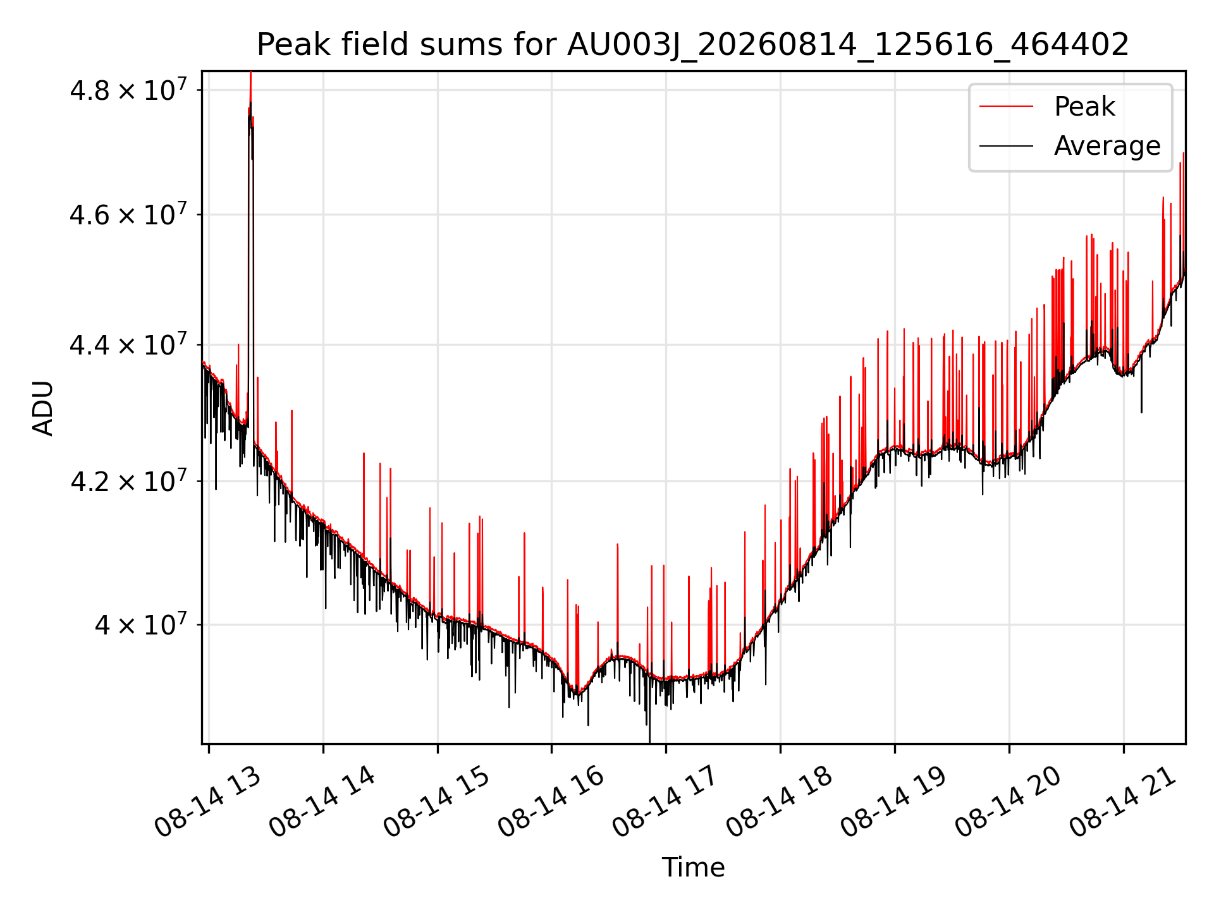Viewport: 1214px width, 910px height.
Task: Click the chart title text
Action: pyautogui.click(x=693, y=45)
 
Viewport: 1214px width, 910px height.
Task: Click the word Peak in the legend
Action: pyautogui.click(x=1084, y=107)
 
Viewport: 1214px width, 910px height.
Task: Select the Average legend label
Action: pyautogui.click(x=1107, y=146)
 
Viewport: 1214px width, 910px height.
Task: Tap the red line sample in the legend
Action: pyautogui.click(x=1007, y=107)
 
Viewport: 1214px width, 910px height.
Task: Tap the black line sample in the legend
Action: pyautogui.click(x=1007, y=146)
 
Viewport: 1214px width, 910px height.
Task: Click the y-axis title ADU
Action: pyautogui.click(x=43, y=408)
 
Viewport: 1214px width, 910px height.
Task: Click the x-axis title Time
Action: pyautogui.click(x=693, y=867)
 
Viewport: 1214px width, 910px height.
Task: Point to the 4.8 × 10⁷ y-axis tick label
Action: pyautogui.click(x=129, y=89)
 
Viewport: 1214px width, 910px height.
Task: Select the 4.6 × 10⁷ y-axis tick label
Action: pyautogui.click(x=129, y=214)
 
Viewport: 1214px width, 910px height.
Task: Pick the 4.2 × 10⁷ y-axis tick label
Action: pyautogui.click(x=129, y=480)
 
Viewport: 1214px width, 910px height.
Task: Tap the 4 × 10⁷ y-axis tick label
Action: pyautogui.click(x=142, y=624)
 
